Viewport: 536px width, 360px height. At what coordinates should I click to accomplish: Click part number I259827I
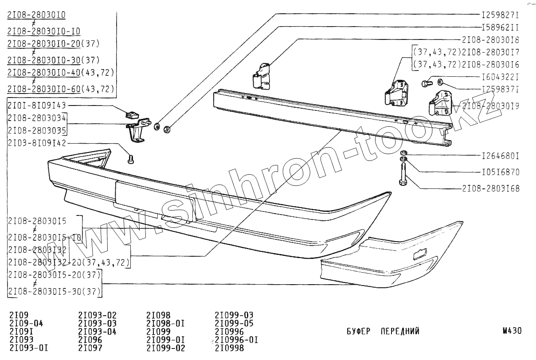(x=500, y=14)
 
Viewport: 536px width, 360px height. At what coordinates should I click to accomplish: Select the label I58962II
(x=500, y=26)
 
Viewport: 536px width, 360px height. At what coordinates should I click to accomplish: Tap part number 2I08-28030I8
(x=490, y=39)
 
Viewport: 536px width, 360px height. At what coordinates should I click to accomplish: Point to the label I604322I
(x=500, y=77)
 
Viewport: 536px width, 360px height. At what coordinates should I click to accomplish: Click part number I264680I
(x=500, y=156)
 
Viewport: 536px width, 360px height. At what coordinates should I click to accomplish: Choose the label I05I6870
(x=500, y=172)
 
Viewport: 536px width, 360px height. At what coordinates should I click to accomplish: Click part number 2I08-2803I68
(x=490, y=189)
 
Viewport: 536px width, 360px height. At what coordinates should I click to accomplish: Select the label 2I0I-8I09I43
(x=37, y=106)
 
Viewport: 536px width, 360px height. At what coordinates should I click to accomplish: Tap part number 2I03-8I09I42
(x=37, y=143)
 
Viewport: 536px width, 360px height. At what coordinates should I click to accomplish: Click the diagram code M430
(x=512, y=331)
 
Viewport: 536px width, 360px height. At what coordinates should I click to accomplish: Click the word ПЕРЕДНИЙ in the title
(x=400, y=331)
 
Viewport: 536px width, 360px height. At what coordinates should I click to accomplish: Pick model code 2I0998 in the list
(x=229, y=348)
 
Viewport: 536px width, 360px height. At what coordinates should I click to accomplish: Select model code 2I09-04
(x=26, y=323)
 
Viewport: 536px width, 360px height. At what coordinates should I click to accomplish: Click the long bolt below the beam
(x=404, y=175)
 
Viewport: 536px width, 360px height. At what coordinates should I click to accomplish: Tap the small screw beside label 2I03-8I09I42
(x=130, y=158)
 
